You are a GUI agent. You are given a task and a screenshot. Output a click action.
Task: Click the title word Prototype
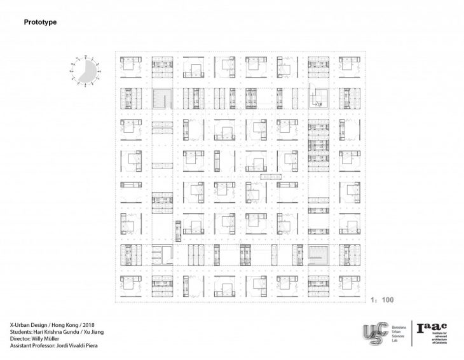coord(41,22)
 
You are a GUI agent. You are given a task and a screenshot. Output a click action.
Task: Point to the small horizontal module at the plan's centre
coord(270,176)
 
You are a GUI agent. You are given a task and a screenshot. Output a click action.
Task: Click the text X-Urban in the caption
coord(24,324)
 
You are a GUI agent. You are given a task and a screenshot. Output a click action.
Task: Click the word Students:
coord(22,331)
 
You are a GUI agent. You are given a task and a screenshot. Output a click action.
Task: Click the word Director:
coord(21,338)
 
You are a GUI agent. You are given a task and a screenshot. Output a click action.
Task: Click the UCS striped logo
coord(375,334)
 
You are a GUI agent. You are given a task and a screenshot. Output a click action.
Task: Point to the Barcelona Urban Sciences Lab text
coord(397,333)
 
